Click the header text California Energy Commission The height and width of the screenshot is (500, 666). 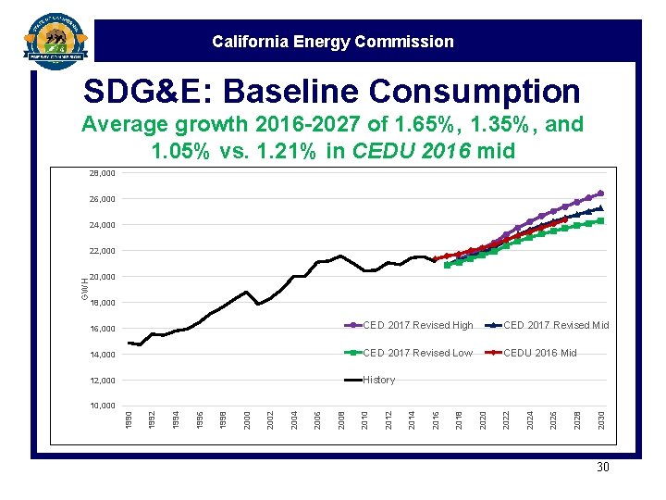click(x=332, y=42)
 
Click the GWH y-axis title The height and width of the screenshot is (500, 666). click(x=84, y=289)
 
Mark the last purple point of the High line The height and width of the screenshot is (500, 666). click(x=600, y=194)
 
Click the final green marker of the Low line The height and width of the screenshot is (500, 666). click(x=600, y=221)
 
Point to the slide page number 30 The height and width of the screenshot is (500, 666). click(x=602, y=468)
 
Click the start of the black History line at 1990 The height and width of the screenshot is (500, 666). click(x=129, y=344)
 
